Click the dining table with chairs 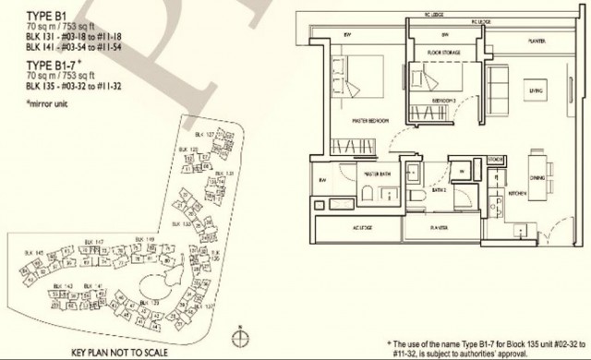click(551, 174)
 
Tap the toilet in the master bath click(367, 193)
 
